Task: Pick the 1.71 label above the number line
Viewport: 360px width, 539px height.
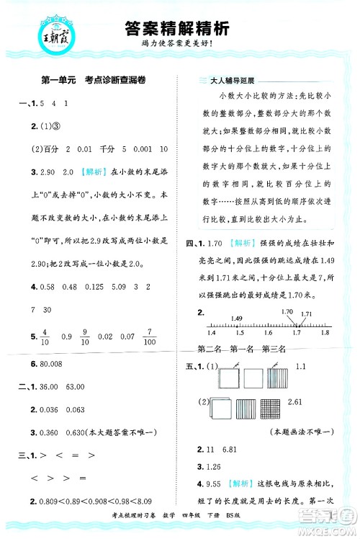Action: pyautogui.click(x=306, y=294)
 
